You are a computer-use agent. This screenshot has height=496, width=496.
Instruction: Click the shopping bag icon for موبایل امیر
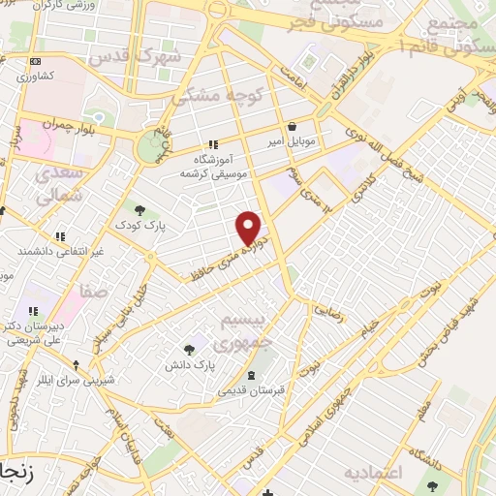[293, 125]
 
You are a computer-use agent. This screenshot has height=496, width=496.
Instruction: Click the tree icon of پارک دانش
[189, 349]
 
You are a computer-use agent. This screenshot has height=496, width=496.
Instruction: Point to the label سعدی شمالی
[58, 185]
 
